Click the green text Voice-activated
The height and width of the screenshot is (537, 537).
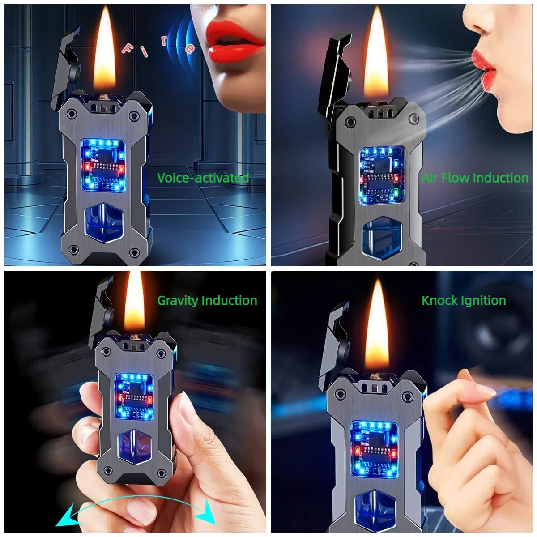tap(203, 178)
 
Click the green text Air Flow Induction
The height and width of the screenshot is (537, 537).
tap(475, 178)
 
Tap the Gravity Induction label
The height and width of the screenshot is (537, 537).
tap(207, 300)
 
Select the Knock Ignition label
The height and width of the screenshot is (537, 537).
tap(464, 300)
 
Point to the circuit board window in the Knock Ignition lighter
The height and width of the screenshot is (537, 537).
tap(374, 447)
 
